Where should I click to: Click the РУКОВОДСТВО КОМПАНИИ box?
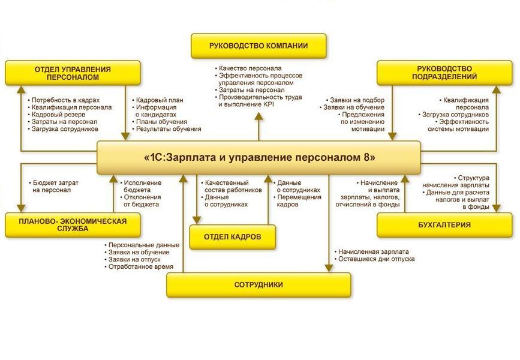click(x=259, y=46)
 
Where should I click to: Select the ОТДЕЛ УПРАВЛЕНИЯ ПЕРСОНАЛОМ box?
click(x=73, y=73)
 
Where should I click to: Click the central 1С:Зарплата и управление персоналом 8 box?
click(x=260, y=158)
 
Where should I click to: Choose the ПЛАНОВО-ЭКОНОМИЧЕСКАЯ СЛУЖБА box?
click(x=73, y=225)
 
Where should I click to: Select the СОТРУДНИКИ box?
click(x=259, y=285)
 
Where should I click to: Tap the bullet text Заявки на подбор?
click(x=357, y=100)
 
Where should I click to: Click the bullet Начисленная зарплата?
click(x=372, y=252)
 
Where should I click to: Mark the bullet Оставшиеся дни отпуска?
click(x=376, y=259)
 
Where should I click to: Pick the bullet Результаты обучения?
click(x=169, y=128)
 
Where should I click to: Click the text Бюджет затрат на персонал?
click(x=55, y=186)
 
